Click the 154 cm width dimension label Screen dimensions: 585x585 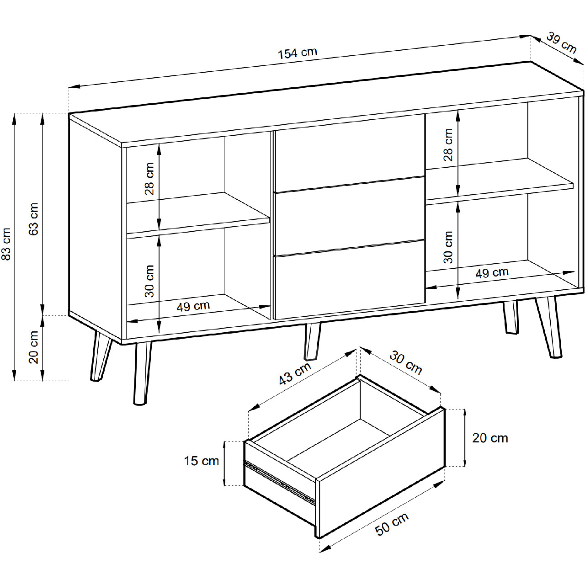(x=297, y=53)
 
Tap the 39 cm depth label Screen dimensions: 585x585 (x=562, y=43)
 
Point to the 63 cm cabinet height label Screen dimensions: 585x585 (x=33, y=219)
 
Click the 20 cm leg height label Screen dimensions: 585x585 (x=33, y=347)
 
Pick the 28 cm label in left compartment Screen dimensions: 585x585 (x=149, y=179)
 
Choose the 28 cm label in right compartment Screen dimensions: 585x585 (x=448, y=145)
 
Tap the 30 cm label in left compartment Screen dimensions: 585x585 (x=149, y=281)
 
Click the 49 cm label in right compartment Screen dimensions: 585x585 (x=492, y=272)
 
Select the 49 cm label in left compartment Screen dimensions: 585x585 (x=193, y=306)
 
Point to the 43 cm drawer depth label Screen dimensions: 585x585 (x=295, y=373)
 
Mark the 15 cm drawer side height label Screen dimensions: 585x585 (x=201, y=461)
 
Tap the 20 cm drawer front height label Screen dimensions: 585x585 (x=490, y=438)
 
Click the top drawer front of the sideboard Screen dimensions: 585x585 (x=349, y=153)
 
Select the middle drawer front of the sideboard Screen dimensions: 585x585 (x=349, y=216)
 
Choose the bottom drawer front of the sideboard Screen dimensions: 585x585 (x=349, y=279)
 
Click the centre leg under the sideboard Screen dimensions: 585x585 (x=313, y=340)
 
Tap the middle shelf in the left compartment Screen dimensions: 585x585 (x=198, y=214)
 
